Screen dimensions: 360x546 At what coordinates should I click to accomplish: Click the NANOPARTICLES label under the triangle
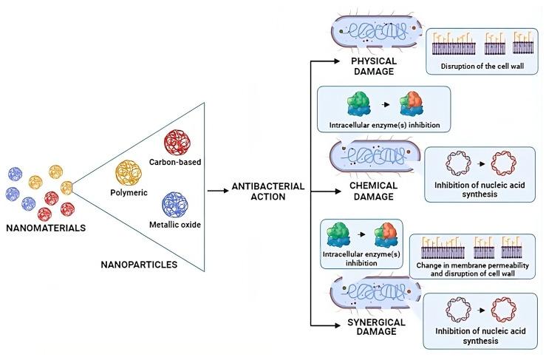point(140,264)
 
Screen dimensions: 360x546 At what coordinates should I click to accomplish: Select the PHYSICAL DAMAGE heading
point(375,67)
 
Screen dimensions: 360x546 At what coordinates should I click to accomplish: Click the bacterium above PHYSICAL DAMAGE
point(374,31)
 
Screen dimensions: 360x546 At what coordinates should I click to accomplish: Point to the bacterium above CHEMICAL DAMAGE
point(375,157)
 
